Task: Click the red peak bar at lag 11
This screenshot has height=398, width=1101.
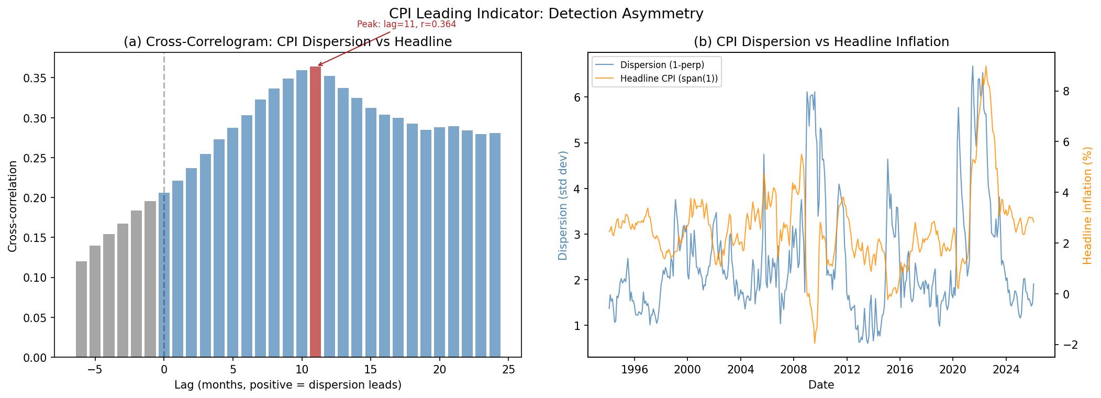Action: point(315,212)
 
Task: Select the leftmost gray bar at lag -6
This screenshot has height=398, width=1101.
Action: point(81,309)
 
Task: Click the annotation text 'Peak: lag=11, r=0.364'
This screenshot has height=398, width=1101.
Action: point(406,24)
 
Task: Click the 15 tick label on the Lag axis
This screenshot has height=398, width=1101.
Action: point(371,370)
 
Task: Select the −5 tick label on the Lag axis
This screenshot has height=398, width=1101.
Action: point(95,370)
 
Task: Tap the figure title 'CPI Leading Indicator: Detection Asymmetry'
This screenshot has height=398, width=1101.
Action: point(546,14)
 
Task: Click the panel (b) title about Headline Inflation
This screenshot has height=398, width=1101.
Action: point(821,42)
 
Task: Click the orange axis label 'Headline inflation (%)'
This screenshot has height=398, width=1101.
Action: point(1087,205)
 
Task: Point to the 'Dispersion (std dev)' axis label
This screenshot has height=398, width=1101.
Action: point(563,205)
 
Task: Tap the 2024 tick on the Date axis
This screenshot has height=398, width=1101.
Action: point(1006,370)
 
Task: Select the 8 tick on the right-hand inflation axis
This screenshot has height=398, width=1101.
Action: point(1064,91)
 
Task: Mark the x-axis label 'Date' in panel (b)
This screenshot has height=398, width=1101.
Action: point(821,385)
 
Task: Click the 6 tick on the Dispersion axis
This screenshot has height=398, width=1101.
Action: point(579,97)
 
